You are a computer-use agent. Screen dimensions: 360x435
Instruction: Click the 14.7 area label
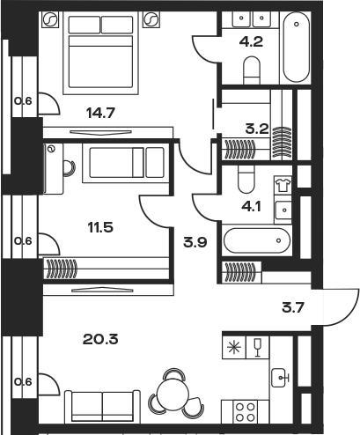[100, 113]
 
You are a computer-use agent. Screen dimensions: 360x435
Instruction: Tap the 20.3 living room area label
[100, 339]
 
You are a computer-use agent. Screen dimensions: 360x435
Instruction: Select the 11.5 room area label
[100, 227]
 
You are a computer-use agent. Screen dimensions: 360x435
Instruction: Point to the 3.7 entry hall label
[293, 308]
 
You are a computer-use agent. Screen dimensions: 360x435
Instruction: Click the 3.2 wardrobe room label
[257, 129]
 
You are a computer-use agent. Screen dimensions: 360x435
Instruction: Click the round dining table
[173, 394]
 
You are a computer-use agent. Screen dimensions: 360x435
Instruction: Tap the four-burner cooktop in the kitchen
[246, 412]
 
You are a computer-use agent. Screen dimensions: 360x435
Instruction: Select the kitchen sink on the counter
[280, 378]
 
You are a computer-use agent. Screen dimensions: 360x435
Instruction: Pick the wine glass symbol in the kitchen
[258, 348]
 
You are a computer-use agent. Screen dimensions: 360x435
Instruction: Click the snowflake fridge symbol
[234, 348]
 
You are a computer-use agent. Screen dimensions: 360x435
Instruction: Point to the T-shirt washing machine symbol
[283, 185]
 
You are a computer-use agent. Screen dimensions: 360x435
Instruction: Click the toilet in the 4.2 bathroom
[252, 70]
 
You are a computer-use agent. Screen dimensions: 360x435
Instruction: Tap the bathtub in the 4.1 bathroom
[257, 240]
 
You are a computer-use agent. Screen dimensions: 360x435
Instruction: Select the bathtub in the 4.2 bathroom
[296, 47]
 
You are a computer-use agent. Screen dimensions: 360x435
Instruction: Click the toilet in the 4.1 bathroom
[246, 179]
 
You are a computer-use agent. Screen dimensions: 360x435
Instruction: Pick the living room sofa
[102, 406]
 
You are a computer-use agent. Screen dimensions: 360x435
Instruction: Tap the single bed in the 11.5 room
[127, 162]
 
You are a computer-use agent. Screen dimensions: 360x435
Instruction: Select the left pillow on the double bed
[84, 25]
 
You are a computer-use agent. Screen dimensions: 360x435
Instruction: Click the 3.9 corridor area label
[195, 242]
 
